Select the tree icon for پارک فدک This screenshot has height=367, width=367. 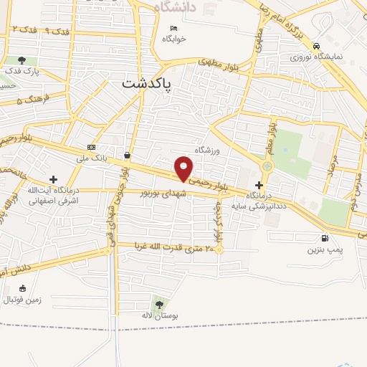pos(23,61)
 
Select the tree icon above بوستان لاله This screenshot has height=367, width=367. pos(158,304)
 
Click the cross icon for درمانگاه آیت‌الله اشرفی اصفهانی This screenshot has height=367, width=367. pos(54,179)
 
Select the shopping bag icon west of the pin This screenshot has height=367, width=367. pos(127,155)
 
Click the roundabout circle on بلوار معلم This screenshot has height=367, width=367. pos(267,166)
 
